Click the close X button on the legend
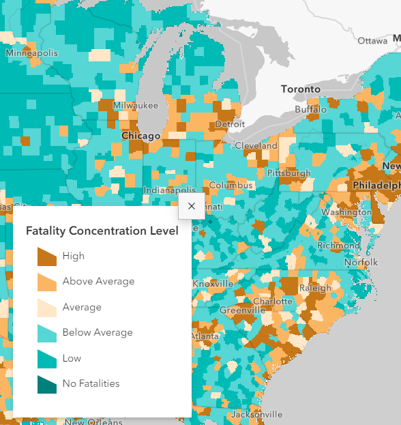[191, 205]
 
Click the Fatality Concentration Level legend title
[102, 231]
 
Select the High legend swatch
[47, 257]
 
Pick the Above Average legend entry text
[98, 281]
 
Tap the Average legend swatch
[47, 308]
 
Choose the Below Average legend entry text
[98, 332]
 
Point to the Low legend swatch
[47, 359]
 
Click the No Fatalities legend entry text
[91, 383]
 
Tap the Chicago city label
[140, 136]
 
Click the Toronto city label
[301, 89]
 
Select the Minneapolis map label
[32, 53]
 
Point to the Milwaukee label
[136, 106]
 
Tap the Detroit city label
[230, 125]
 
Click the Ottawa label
[372, 41]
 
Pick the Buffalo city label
[311, 110]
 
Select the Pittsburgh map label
[288, 173]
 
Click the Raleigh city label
[315, 288]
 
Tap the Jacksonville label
[256, 414]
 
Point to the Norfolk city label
[361, 262]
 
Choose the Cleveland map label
[256, 145]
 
